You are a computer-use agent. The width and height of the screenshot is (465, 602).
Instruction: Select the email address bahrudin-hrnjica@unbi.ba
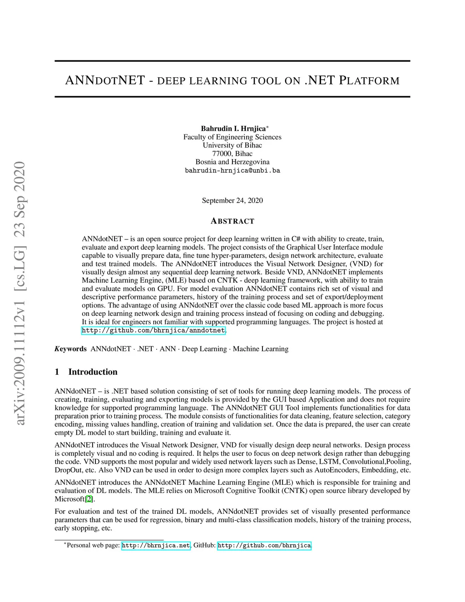pos(232,171)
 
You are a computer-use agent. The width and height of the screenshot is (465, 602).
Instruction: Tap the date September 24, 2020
pos(232,200)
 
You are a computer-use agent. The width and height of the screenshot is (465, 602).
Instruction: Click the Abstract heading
pos(232,221)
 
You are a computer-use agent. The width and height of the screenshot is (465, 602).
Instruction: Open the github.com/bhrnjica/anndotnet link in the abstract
pos(153,330)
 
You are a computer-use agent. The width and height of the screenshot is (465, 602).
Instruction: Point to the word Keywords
pos(70,349)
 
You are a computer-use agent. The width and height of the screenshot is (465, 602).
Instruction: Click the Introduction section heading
pos(93,372)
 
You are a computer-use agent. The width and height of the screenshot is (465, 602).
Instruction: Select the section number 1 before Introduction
pos(57,372)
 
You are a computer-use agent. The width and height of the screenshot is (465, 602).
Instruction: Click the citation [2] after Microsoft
pos(89,499)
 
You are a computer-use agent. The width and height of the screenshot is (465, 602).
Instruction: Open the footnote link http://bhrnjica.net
pos(156,545)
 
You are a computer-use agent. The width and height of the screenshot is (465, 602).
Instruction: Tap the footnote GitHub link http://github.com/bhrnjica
pos(264,545)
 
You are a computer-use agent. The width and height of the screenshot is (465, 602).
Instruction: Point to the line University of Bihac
pos(232,145)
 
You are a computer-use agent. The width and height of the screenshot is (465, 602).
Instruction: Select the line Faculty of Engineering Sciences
pos(232,137)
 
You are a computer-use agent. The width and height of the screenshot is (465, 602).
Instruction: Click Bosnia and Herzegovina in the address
pos(232,162)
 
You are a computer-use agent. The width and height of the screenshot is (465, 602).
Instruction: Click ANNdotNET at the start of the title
pos(105,81)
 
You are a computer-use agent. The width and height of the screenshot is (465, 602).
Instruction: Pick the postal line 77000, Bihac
pos(232,154)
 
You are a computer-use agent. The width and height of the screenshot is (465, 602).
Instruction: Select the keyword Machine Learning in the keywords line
pos(261,349)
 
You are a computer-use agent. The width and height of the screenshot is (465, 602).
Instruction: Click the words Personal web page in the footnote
pos(93,545)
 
